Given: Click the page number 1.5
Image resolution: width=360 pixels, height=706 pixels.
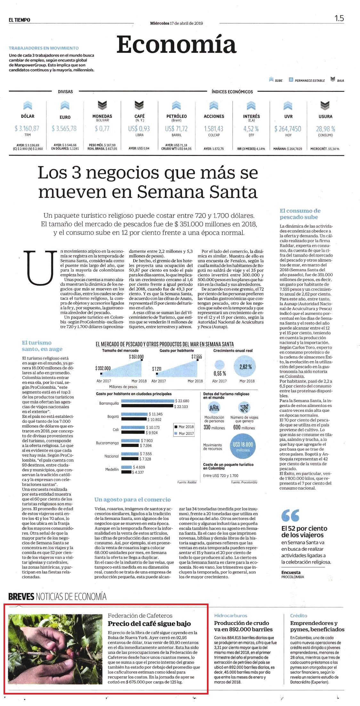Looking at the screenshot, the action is pyautogui.click(x=339, y=18).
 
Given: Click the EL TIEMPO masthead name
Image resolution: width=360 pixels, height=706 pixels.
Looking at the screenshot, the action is pyautogui.click(x=20, y=20).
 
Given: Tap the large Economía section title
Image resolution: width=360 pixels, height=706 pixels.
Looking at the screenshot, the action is pyautogui.click(x=176, y=44).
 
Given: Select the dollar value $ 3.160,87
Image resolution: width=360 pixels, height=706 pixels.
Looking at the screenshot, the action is pyautogui.click(x=27, y=128).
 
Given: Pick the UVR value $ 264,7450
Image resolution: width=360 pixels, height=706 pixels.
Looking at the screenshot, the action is pyautogui.click(x=288, y=129).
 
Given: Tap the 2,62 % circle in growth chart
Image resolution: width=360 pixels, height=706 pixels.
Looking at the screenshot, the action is pyautogui.click(x=246, y=367).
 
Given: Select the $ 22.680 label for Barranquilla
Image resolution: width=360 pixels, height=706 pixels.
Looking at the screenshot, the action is pyautogui.click(x=182, y=401).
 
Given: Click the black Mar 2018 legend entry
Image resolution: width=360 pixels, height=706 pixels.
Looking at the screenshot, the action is pyautogui.click(x=184, y=426).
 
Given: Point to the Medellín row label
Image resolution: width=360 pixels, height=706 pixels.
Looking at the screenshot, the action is pyautogui.click(x=112, y=469).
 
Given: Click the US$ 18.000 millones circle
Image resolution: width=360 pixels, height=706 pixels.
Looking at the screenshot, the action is pyautogui.click(x=243, y=447).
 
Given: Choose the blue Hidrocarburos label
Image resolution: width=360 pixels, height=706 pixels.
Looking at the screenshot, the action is pyautogui.click(x=231, y=615).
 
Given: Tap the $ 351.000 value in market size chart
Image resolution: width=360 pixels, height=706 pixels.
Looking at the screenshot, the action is pyautogui.click(x=136, y=357).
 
